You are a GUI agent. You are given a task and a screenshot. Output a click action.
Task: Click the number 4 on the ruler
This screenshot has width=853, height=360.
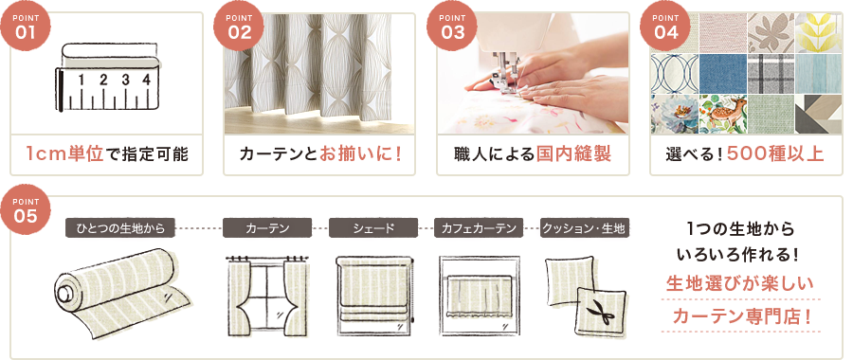pyautogui.click(x=146, y=80)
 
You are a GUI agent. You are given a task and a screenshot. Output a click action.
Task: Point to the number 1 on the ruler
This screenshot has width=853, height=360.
pyautogui.click(x=82, y=80)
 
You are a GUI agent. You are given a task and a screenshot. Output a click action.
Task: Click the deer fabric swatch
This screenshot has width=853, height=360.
pyautogui.click(x=722, y=114)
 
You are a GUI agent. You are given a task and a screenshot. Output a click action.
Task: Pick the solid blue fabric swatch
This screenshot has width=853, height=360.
pyautogui.click(x=722, y=73)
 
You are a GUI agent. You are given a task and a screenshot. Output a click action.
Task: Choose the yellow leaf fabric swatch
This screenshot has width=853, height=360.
pyautogui.click(x=819, y=32)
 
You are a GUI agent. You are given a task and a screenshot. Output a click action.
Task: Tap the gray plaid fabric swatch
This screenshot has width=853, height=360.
pyautogui.click(x=771, y=73)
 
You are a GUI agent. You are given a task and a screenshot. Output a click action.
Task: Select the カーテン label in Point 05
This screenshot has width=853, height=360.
pyautogui.click(x=267, y=228)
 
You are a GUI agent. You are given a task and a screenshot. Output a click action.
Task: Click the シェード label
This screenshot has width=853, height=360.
pyautogui.click(x=373, y=228)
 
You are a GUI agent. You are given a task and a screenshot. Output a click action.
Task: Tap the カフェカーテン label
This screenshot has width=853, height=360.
pyautogui.click(x=479, y=228)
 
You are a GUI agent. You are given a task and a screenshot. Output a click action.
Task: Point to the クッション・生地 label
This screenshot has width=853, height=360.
pyautogui.click(x=584, y=228)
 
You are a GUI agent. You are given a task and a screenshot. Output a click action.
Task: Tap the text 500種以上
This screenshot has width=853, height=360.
pyautogui.click(x=775, y=153)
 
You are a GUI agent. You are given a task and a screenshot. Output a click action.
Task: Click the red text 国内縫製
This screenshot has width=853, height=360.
pyautogui.click(x=573, y=153)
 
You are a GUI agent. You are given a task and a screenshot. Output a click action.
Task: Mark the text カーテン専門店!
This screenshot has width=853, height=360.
pyautogui.click(x=742, y=315)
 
